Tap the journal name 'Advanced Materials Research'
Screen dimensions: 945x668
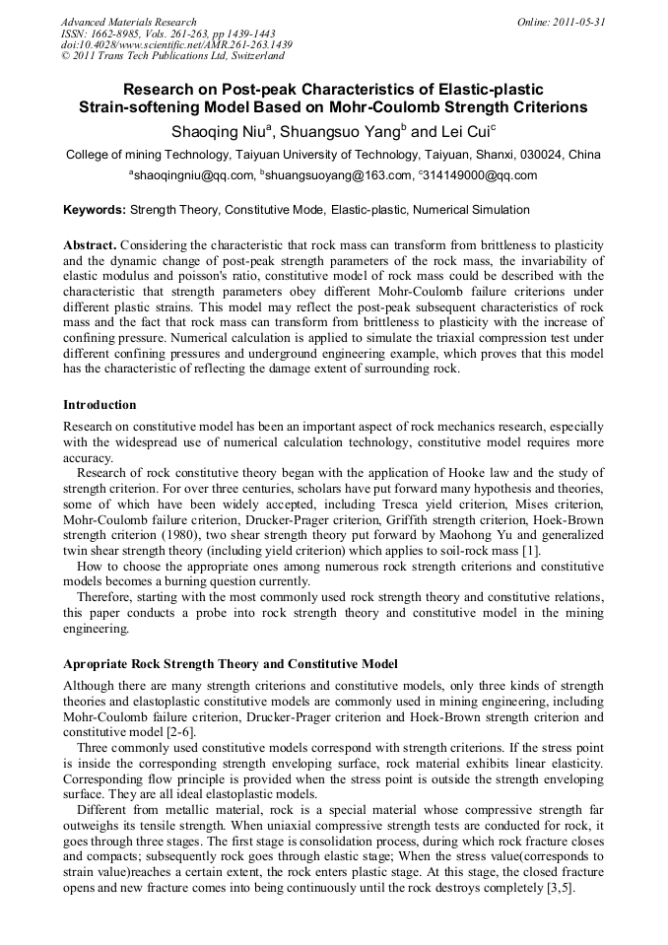click(128, 22)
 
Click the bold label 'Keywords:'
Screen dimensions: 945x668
click(95, 210)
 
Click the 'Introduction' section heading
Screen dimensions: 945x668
click(100, 405)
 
